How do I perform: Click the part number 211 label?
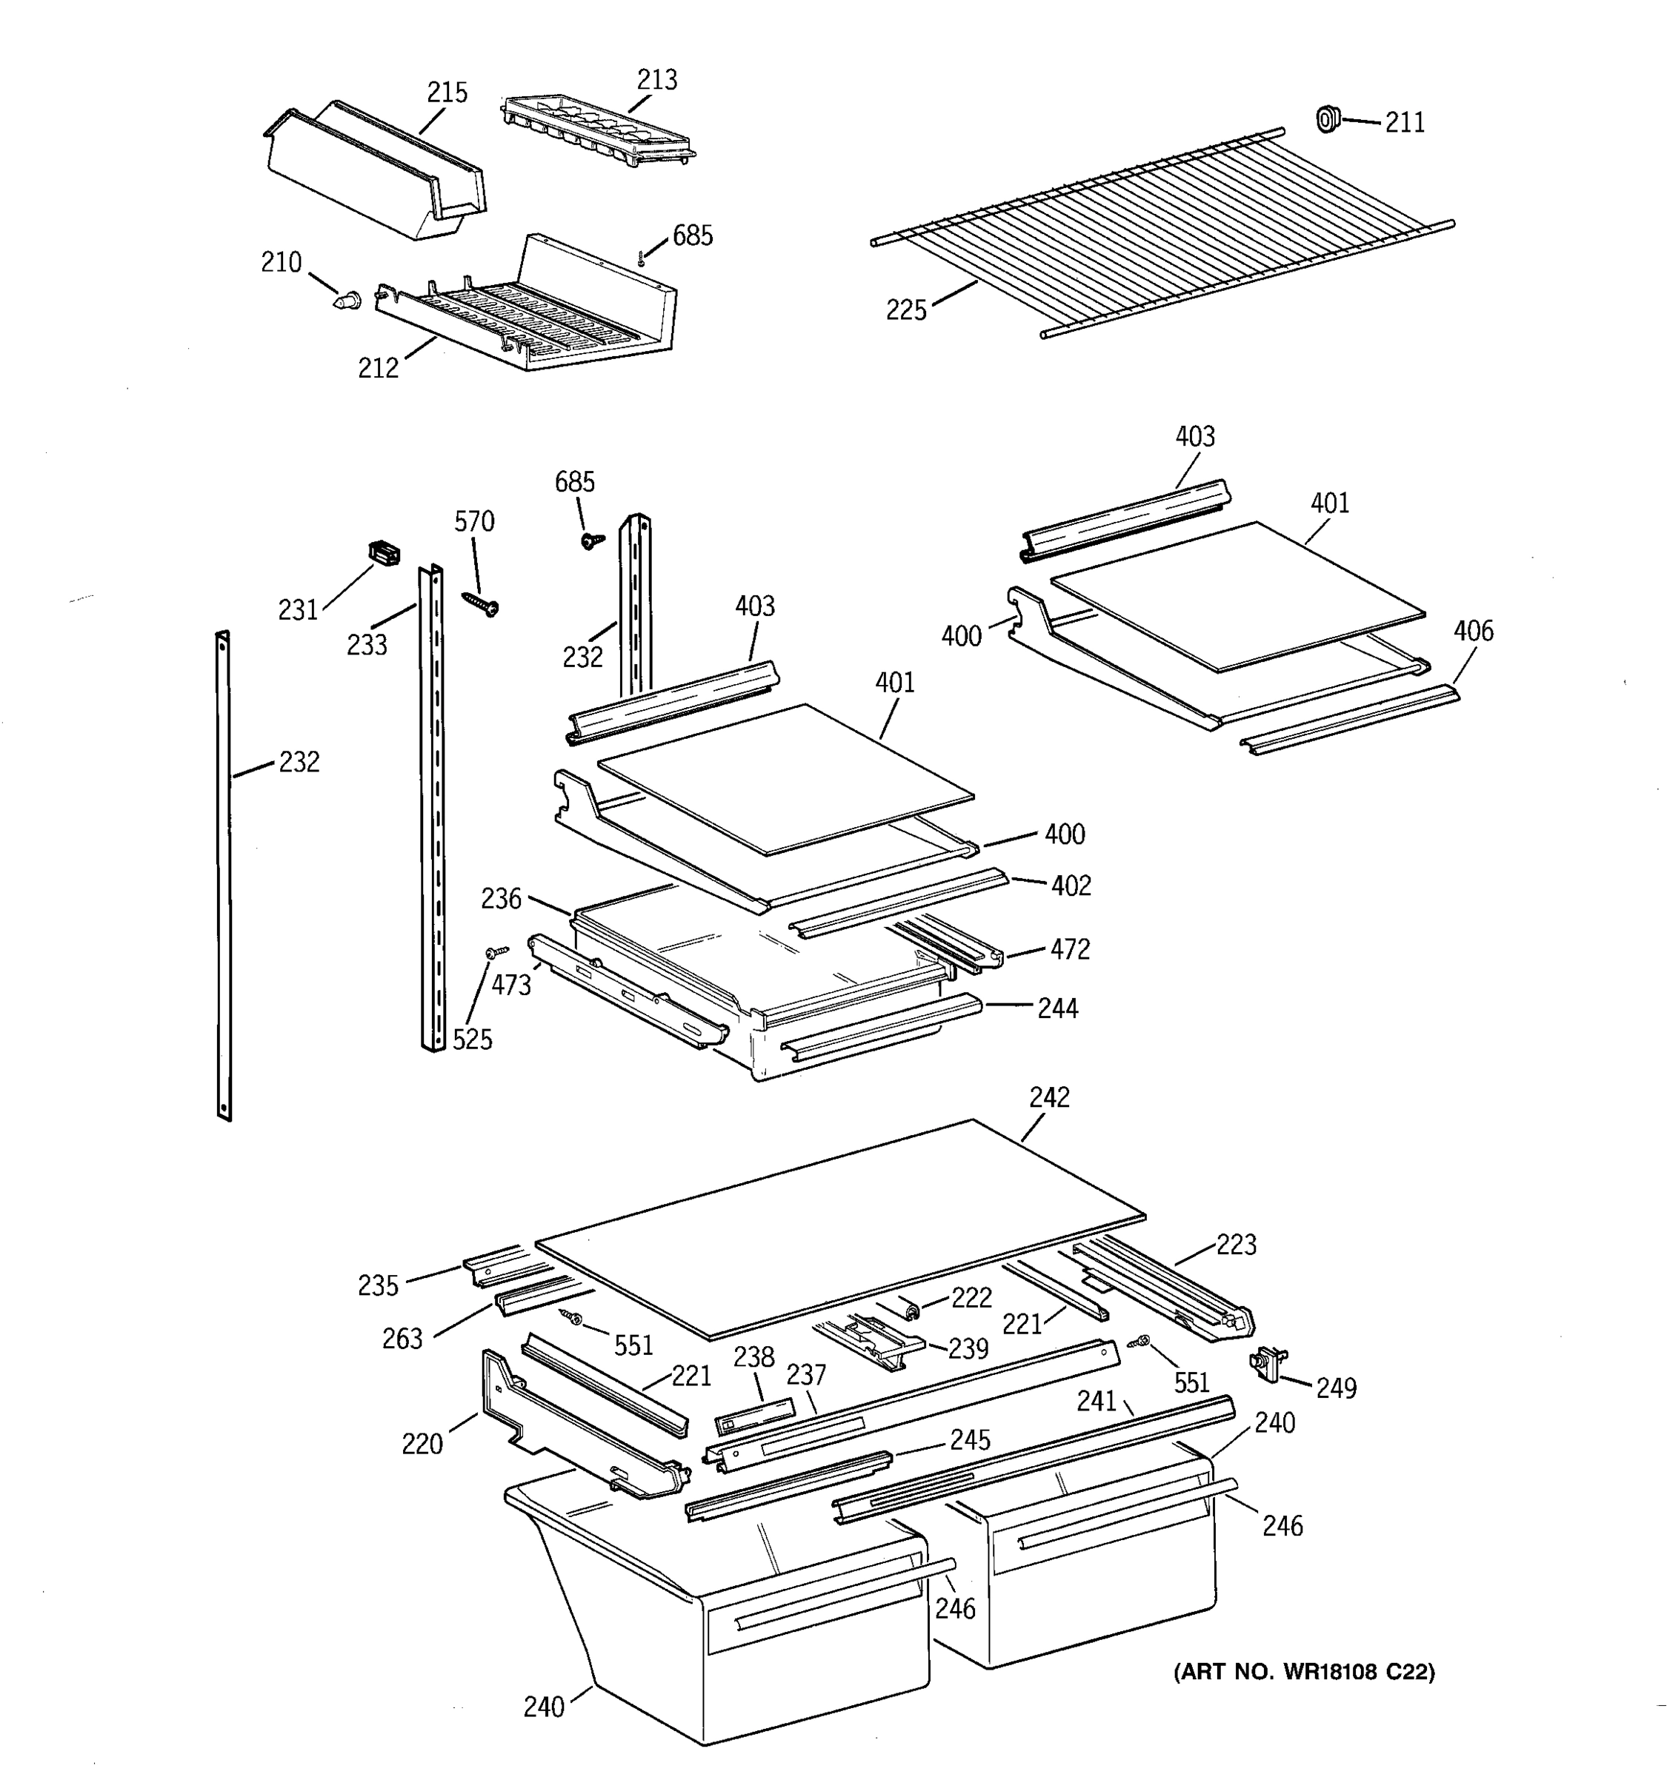[x=1404, y=122]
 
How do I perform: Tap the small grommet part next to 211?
[x=1328, y=118]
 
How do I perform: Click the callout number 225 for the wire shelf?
[x=906, y=310]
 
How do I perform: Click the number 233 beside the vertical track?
[x=367, y=644]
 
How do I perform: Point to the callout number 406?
[x=1472, y=631]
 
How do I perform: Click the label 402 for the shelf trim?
[x=1071, y=886]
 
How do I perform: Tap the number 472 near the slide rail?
[x=1070, y=949]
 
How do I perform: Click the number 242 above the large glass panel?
[x=1049, y=1097]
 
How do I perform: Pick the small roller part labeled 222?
[x=911, y=1310]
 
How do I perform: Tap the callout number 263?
[x=402, y=1339]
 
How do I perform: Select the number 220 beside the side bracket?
[x=422, y=1445]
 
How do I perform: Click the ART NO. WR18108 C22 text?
[x=1304, y=1672]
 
